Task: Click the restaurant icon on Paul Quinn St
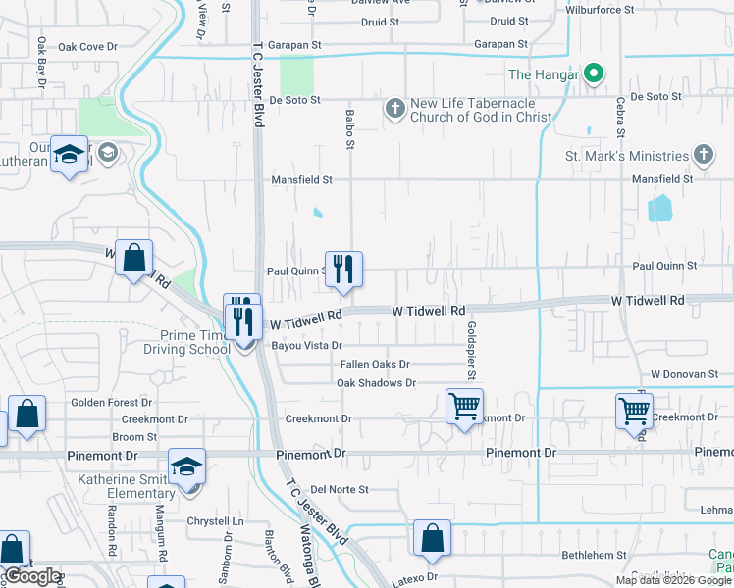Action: point(343,269)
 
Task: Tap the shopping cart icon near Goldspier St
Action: point(463,405)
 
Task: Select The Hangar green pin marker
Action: point(593,73)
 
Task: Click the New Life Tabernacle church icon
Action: point(394,108)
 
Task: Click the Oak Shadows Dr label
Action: point(376,383)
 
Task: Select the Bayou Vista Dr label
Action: point(308,345)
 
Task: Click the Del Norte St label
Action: point(339,489)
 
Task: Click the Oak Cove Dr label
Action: point(87,46)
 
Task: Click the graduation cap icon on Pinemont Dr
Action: point(186,466)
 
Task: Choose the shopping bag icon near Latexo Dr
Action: point(432,538)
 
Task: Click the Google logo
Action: point(32,576)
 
